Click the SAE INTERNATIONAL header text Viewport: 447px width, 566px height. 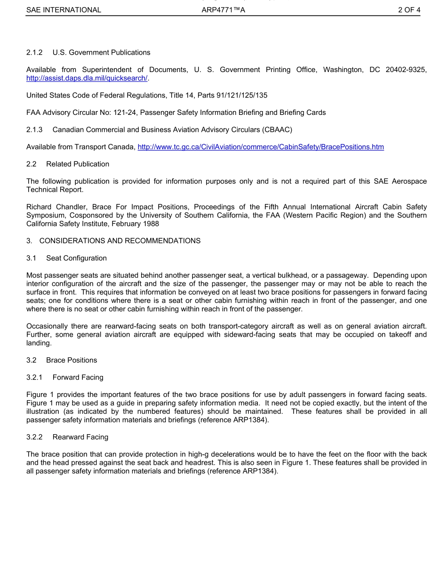pos(64,10)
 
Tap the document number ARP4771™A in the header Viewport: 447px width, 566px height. pos(223,10)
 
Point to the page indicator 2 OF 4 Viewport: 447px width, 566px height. pos(409,10)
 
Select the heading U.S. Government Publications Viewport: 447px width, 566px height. pos(101,52)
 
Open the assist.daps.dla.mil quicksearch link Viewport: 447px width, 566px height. pos(87,78)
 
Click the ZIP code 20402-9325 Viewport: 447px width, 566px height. pos(406,70)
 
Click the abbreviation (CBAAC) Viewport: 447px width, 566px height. pos(275,129)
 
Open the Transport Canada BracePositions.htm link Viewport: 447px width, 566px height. pos(260,147)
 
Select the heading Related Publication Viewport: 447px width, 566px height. pos(78,164)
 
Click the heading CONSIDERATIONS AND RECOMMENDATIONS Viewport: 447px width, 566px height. pos(120,241)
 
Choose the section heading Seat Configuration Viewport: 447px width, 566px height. pos(76,258)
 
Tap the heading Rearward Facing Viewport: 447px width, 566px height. pos(80,437)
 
